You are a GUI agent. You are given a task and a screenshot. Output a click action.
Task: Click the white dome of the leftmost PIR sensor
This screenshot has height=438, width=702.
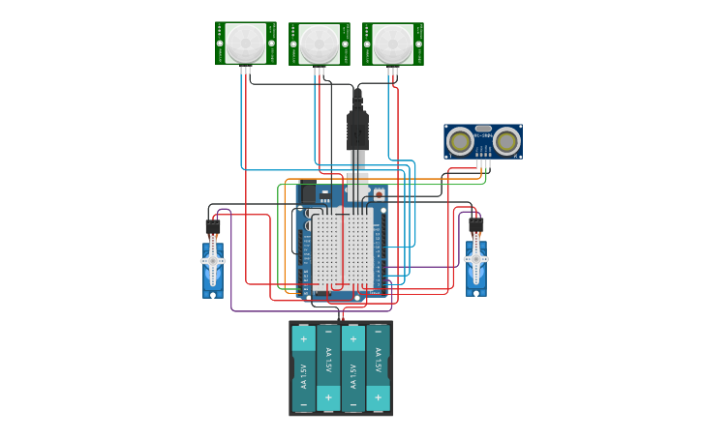click(245, 44)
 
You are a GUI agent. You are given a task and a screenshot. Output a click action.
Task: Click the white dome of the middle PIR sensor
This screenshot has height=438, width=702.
click(319, 44)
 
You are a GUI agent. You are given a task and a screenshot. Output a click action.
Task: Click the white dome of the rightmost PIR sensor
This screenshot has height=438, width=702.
click(392, 44)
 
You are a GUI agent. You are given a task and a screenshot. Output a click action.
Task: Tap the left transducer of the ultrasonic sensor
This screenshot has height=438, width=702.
click(461, 142)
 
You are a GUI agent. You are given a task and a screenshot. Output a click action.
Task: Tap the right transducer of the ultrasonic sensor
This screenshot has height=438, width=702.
click(505, 142)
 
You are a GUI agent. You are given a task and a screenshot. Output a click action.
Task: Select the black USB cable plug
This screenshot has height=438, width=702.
click(357, 130)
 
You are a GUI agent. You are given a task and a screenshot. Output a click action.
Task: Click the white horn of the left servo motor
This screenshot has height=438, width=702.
click(213, 261)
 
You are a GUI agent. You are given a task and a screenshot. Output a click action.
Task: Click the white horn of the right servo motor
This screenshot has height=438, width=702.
click(475, 259)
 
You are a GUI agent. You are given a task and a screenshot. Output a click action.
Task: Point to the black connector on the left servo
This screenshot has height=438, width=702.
click(213, 227)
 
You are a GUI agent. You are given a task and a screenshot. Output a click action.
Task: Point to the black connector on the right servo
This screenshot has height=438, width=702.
click(476, 225)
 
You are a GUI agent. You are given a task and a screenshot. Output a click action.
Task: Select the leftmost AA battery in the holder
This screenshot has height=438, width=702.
click(304, 368)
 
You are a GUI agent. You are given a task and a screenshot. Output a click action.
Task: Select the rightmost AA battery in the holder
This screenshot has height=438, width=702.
click(378, 368)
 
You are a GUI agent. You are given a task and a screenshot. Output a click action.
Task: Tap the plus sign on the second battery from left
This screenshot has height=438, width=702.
click(328, 397)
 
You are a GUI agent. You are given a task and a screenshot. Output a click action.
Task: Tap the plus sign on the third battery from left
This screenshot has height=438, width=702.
click(352, 339)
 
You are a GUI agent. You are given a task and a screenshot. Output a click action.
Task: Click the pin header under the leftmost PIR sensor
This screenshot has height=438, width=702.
click(245, 69)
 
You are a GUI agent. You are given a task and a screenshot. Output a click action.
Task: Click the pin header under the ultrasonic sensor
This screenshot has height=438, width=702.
click(483, 163)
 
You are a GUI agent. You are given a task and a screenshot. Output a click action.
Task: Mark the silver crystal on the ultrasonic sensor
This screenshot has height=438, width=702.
click(483, 129)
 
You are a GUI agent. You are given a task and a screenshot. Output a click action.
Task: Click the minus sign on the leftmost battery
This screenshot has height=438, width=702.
click(303, 397)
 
